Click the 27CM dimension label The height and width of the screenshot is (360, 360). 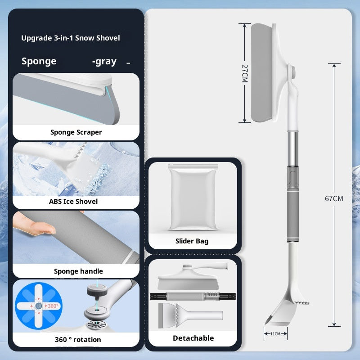click(x=245, y=73)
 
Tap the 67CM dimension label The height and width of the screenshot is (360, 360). click(x=334, y=198)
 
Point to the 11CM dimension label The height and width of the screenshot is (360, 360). click(x=275, y=333)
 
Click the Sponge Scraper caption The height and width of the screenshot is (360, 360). click(x=76, y=132)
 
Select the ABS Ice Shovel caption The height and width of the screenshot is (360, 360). click(x=73, y=201)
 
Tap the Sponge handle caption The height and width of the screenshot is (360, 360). click(x=78, y=271)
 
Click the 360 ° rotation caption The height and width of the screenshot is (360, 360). click(x=78, y=339)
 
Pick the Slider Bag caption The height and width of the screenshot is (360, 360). click(x=192, y=241)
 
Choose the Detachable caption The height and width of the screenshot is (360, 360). click(x=193, y=338)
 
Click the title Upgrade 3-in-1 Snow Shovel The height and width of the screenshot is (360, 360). click(x=71, y=38)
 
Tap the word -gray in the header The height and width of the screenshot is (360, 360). click(x=104, y=61)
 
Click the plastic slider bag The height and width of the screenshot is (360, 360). click(x=193, y=197)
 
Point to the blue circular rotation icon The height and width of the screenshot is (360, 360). click(x=39, y=306)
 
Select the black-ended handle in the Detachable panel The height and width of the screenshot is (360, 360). click(x=193, y=297)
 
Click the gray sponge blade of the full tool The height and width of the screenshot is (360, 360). click(x=262, y=73)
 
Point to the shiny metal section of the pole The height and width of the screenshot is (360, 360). click(x=293, y=149)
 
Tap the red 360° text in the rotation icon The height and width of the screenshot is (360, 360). click(x=53, y=306)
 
